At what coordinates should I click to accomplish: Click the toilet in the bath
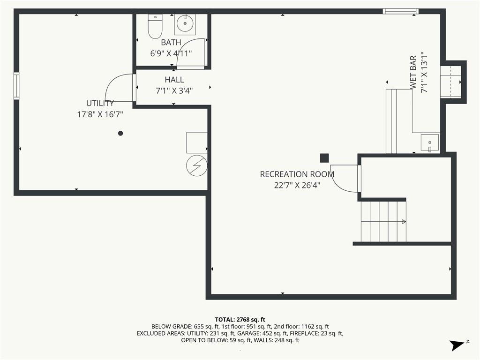pos(155,26)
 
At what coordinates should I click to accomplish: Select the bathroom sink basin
pos(185,23)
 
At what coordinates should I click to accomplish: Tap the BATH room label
pos(171,42)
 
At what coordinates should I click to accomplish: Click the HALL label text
pos(174,80)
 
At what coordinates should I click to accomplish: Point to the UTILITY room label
pos(100,103)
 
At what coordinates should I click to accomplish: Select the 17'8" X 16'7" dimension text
pos(100,114)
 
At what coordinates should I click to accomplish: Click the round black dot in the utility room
pos(120,133)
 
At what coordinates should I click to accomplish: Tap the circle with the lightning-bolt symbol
pos(197,165)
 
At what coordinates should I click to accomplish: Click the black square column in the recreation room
pos(324,158)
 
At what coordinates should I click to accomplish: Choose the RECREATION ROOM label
pos(297,174)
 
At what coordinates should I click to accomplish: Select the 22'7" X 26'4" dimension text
pos(297,185)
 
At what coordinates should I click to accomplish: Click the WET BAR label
pos(413,72)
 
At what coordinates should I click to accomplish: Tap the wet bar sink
pos(430,142)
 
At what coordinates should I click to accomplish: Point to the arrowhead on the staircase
pos(404,222)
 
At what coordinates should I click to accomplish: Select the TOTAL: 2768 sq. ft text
pos(240,320)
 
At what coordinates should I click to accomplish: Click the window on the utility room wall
pos(16,86)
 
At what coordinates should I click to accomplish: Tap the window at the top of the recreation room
pos(401,11)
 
